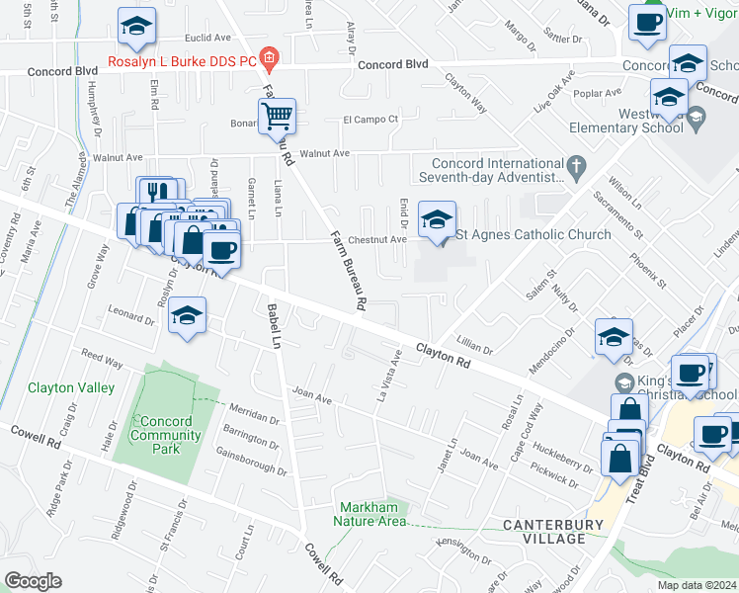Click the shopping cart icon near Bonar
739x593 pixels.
(278, 116)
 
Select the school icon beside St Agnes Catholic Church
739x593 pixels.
(437, 219)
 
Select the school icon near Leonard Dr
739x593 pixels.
(185, 315)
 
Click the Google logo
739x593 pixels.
(33, 581)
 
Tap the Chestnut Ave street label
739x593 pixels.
(383, 239)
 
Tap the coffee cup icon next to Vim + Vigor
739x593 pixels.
(647, 21)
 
